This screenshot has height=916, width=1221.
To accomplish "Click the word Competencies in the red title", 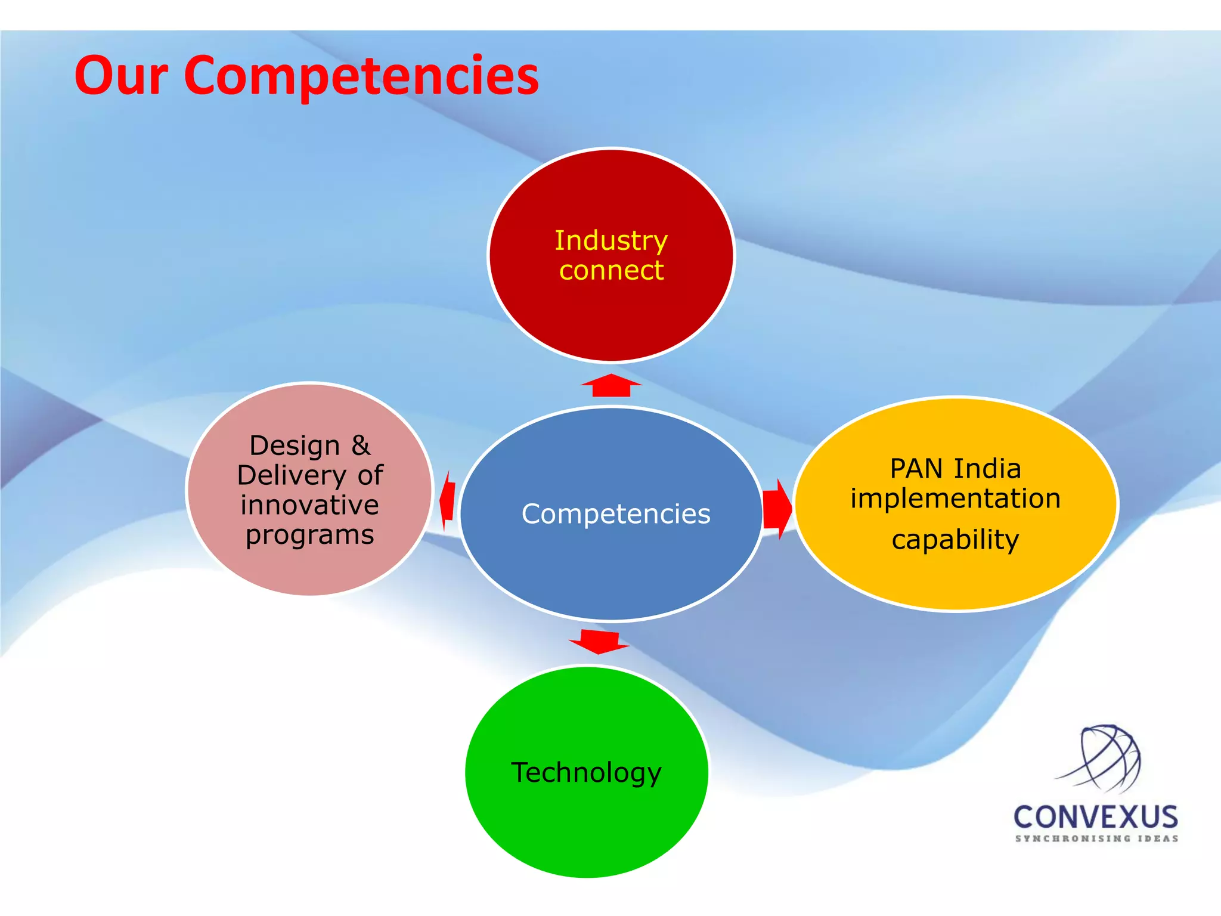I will (361, 76).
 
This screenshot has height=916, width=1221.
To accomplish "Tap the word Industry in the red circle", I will (610, 241).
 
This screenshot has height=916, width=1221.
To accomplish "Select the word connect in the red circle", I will (611, 271).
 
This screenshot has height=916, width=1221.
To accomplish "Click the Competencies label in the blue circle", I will (615, 514).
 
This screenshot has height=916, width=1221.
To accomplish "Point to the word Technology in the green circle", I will (586, 772).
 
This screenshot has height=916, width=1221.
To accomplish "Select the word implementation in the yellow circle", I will (955, 499).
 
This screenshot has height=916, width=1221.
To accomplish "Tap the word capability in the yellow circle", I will (955, 540).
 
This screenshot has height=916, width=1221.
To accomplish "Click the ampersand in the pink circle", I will (360, 445).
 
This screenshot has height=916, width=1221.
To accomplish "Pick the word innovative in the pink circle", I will (309, 505).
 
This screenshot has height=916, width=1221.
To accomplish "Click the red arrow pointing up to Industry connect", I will (611, 385).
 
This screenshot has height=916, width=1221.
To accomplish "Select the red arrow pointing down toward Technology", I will (599, 641).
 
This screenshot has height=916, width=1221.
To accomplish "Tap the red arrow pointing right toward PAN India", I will (777, 509).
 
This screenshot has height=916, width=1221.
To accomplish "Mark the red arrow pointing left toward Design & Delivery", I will (448, 500).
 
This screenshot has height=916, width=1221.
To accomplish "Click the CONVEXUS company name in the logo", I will (1096, 817).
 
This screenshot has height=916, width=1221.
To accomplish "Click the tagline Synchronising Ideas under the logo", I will (1096, 838).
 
